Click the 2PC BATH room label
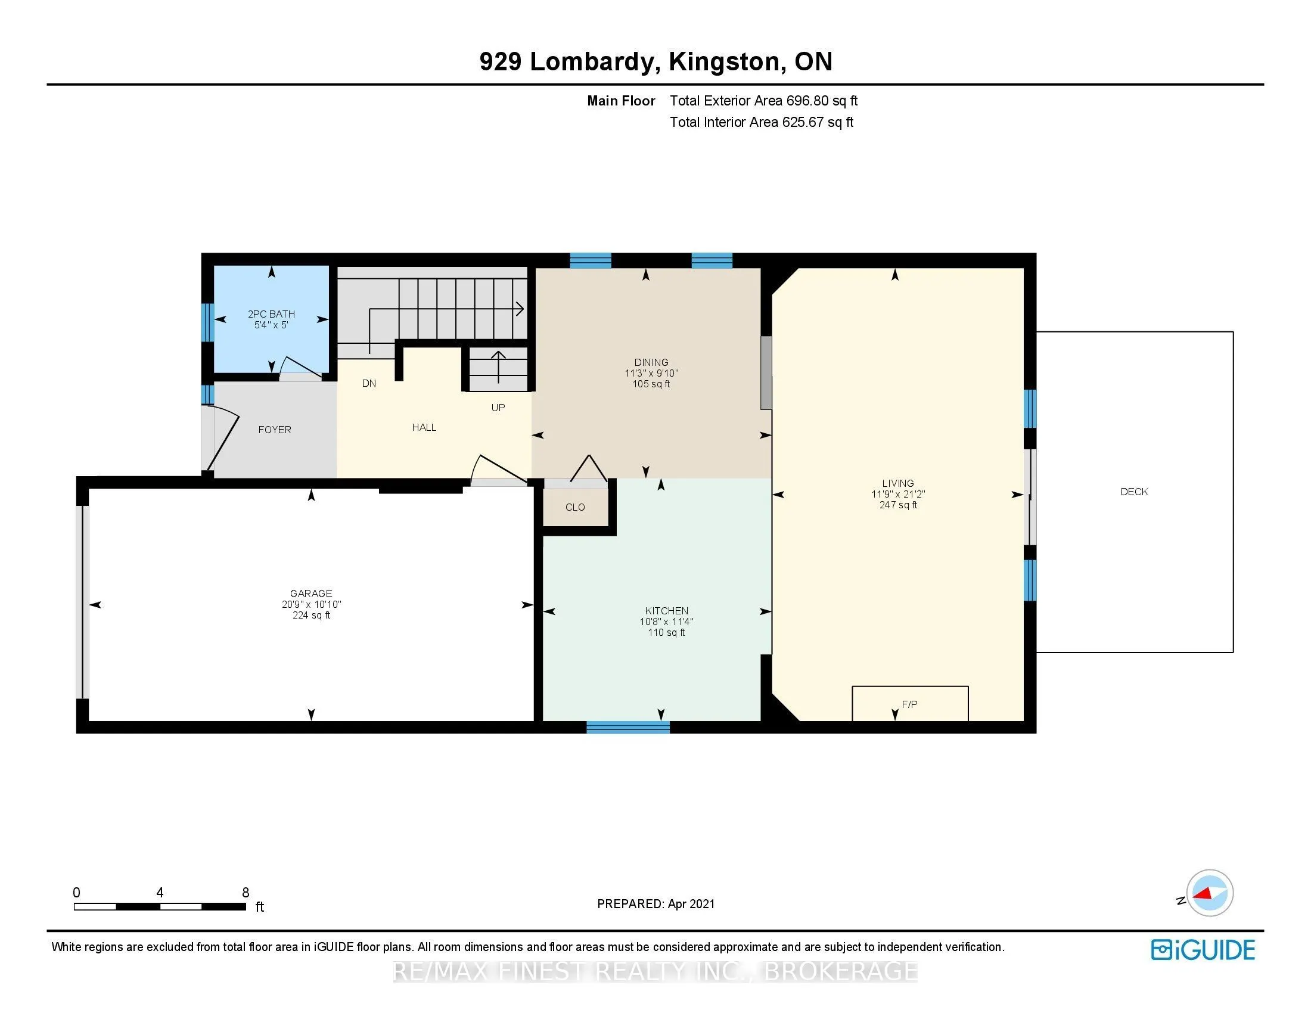pos(271,314)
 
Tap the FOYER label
pos(275,430)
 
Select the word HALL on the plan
pos(424,427)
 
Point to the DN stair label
pos(369,384)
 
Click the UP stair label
pos(498,408)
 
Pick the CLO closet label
pos(575,507)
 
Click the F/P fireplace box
pos(910,703)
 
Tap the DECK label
pos(1134,492)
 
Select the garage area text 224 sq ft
pos(312,615)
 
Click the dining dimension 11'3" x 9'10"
pos(651,373)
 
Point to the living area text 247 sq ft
pos(899,505)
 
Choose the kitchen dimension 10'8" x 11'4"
pos(666,622)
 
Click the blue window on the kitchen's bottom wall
pos(628,728)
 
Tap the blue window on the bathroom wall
pos(208,322)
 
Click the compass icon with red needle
pos(1210,893)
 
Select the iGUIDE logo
pos(1203,949)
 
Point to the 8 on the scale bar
pos(246,893)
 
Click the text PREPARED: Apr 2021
pos(656,904)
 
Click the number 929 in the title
pos(500,61)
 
